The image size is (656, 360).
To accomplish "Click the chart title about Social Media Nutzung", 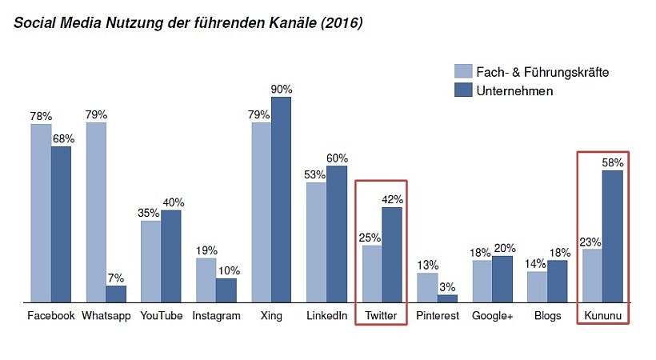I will coord(188,23).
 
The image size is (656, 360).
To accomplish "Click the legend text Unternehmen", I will coord(514,91).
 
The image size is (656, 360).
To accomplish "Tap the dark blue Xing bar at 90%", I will coord(281,200).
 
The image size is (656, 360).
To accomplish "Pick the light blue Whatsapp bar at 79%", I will coord(96,213).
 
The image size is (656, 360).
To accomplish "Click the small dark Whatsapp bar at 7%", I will coord(116,294).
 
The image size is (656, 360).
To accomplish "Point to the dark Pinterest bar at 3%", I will coord(447,298).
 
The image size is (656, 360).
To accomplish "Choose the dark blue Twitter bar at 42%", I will coord(392,255).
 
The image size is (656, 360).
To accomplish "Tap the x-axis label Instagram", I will coord(216,316).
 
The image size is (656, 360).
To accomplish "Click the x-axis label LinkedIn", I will coord(326,316).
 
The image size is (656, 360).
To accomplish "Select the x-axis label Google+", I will coord(492,316).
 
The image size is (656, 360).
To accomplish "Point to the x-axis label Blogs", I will coord(548,316).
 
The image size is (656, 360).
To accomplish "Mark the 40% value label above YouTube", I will coord(172,202).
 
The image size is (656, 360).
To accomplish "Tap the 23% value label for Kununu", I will coord(590,242).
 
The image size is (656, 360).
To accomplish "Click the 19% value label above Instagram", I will coord(206,250).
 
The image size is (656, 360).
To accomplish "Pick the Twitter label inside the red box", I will coord(381,316).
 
